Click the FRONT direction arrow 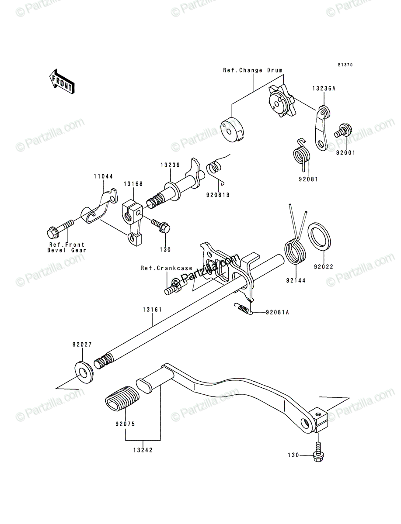(62, 82)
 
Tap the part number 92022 (324, 267)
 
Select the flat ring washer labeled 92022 (319, 236)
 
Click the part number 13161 (153, 310)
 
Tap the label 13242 (143, 450)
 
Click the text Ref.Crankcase (167, 268)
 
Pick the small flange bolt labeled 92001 (343, 131)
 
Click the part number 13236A (324, 89)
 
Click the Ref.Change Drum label (253, 70)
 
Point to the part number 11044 (103, 176)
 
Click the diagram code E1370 (345, 65)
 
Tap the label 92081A (277, 312)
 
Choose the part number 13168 (133, 183)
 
